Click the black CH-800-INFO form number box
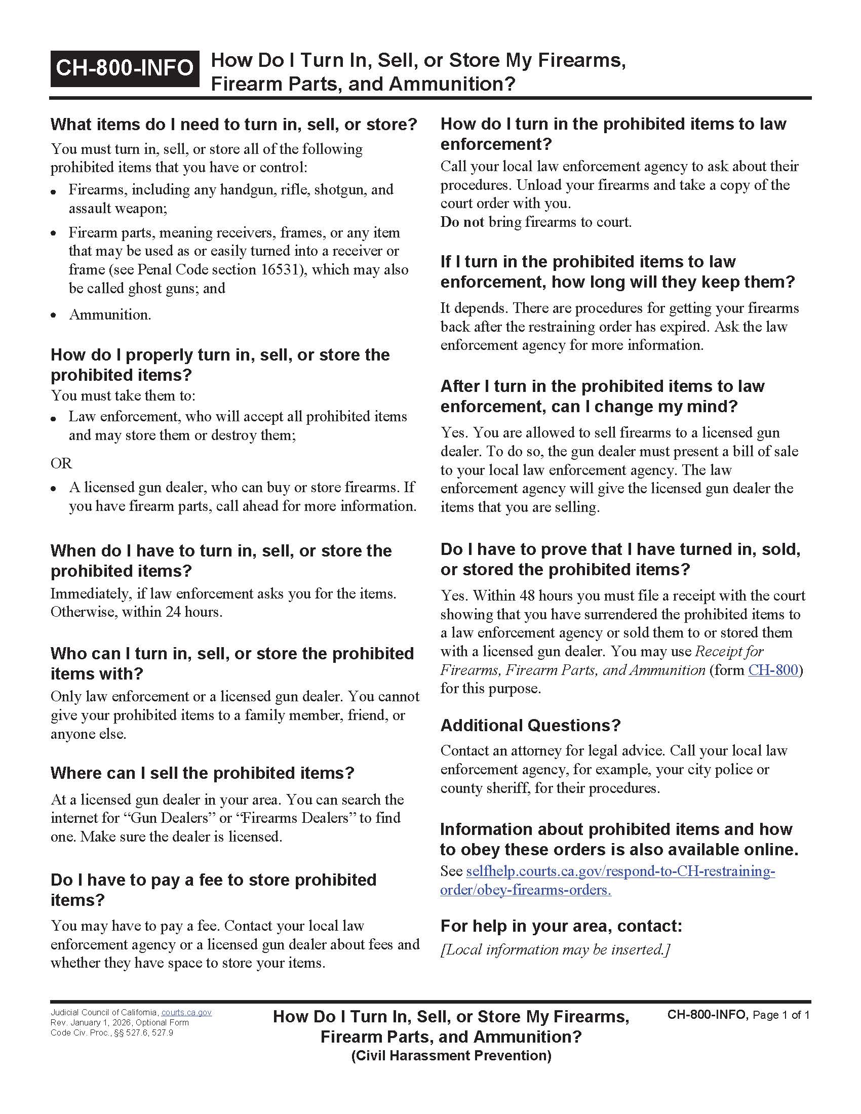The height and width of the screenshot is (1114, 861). point(125,68)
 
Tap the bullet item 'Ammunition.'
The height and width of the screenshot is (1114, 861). point(110,314)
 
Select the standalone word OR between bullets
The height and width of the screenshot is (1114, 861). point(61,463)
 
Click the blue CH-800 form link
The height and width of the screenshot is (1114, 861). point(773,670)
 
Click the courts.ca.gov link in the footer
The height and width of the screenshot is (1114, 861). point(186,1013)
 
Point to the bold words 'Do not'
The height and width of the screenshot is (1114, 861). point(461,222)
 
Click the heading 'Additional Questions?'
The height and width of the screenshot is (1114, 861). point(530,725)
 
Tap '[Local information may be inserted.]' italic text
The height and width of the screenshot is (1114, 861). point(555,949)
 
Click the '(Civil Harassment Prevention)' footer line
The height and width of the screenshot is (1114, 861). point(451,1055)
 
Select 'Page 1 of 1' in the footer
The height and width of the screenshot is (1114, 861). point(781,1015)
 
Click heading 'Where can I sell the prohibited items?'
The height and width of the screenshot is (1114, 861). point(202,773)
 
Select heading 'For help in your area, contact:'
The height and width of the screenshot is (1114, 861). point(561,925)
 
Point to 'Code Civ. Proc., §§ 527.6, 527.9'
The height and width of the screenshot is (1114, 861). point(112,1033)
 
